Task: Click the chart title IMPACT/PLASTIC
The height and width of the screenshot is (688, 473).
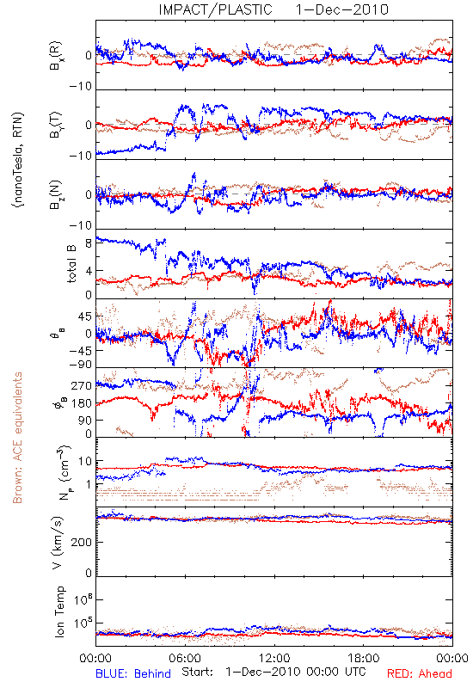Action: [216, 9]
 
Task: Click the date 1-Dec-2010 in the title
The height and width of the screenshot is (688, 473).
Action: [341, 9]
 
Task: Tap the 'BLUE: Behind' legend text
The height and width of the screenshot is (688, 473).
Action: [133, 673]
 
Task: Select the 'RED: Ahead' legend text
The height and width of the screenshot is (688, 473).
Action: [420, 673]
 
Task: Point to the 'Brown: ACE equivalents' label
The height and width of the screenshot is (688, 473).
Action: [17, 438]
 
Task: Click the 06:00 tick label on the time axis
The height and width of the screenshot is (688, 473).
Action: [185, 658]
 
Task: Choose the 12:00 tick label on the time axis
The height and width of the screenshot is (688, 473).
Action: [274, 658]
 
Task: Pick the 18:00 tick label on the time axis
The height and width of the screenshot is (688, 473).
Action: [364, 658]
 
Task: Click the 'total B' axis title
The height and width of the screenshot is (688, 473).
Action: [71, 264]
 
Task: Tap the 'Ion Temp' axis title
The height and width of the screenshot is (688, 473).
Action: [59, 611]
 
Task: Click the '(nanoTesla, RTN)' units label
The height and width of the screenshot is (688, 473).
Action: [18, 160]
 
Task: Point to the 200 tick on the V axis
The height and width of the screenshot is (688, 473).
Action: [83, 543]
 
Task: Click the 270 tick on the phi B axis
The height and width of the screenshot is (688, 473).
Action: [82, 385]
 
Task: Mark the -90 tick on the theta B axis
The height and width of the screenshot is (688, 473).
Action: [81, 365]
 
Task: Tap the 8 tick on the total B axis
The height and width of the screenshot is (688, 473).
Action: [89, 243]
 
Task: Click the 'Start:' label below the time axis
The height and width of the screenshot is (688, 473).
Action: [198, 672]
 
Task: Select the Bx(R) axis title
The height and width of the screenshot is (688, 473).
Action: [56, 55]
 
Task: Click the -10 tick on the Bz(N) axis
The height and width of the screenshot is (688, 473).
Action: [81, 225]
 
